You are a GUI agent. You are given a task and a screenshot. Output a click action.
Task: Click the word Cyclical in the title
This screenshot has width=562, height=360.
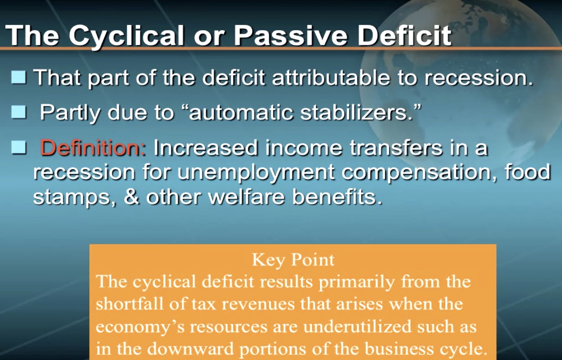126,35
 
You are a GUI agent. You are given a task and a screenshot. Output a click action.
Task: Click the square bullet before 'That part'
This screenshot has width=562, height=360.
19,77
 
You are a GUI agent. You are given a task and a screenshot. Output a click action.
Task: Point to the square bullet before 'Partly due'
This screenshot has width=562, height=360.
19,112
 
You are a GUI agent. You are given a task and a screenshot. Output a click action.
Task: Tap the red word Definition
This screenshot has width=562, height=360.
93,147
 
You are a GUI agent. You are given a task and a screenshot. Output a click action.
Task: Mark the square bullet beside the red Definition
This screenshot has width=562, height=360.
19,147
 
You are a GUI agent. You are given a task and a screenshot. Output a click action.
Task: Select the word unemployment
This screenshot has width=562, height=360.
256,173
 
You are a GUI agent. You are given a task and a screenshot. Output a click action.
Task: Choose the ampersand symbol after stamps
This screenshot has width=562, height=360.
131,196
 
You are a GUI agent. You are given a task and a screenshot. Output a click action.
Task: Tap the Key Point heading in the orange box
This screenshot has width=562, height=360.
293,260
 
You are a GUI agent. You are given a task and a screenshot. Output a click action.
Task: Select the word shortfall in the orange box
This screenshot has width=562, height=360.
129,304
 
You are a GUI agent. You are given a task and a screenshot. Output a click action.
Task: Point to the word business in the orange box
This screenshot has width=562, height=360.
399,349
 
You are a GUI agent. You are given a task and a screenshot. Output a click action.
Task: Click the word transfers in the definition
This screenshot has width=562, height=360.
396,148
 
